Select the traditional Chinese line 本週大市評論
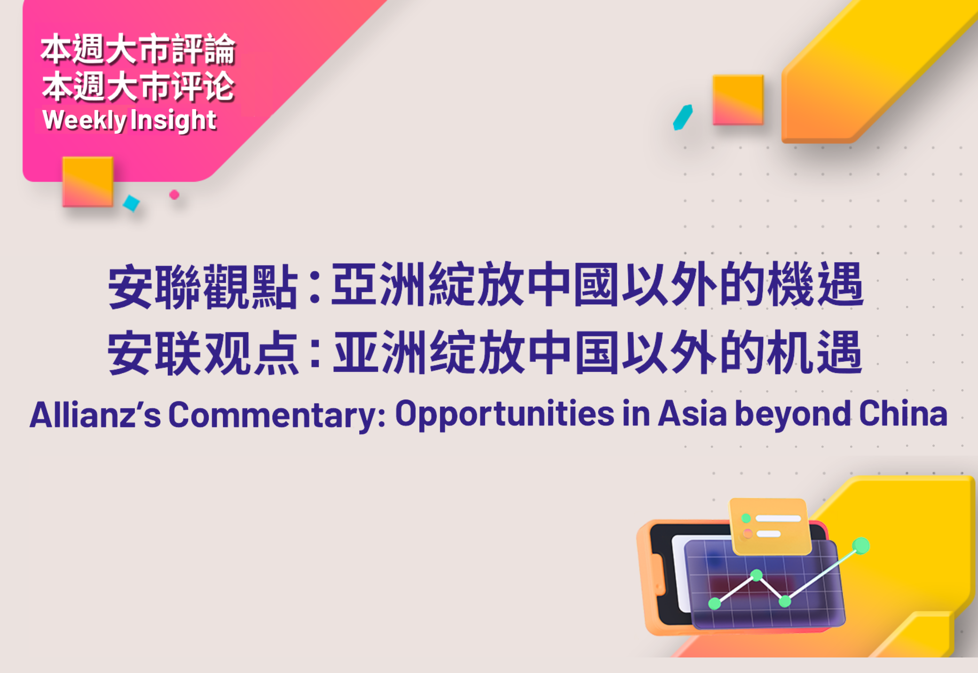[138, 49]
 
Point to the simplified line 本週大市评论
[138, 87]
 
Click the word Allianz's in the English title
[95, 415]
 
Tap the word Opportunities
[505, 414]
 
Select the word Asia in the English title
[692, 414]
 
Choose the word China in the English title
[903, 414]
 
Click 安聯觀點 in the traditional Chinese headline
[203, 286]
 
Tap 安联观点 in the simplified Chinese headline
[203, 353]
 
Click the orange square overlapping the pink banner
[88, 182]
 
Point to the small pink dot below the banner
[174, 194]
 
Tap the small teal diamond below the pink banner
[131, 203]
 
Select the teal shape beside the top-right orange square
[683, 117]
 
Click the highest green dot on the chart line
[861, 546]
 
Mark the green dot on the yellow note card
[746, 518]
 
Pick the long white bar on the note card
[778, 518]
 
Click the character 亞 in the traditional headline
[355, 285]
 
